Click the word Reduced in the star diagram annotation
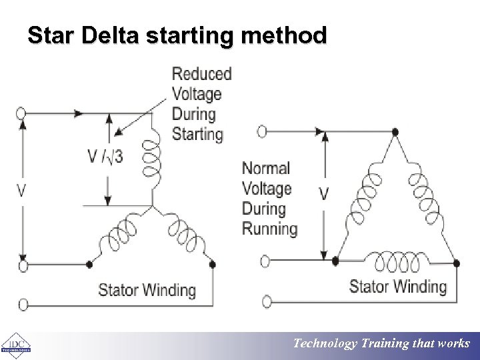(x=201, y=74)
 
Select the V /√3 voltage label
(x=105, y=158)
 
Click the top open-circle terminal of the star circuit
(x=23, y=113)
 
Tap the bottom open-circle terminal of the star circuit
(x=23, y=305)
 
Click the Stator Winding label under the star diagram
(x=147, y=290)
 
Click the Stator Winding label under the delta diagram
(x=397, y=287)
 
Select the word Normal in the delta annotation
(x=265, y=169)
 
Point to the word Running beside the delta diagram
(x=269, y=229)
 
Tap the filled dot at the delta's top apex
(x=395, y=132)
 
